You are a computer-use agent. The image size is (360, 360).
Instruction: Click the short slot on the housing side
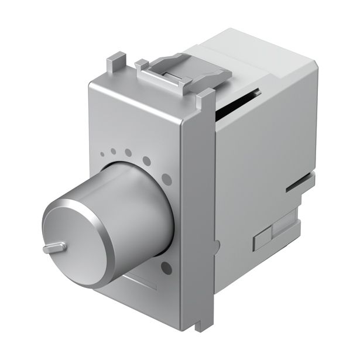point(298,187)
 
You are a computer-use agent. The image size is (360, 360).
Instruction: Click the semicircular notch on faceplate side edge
point(218,246)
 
